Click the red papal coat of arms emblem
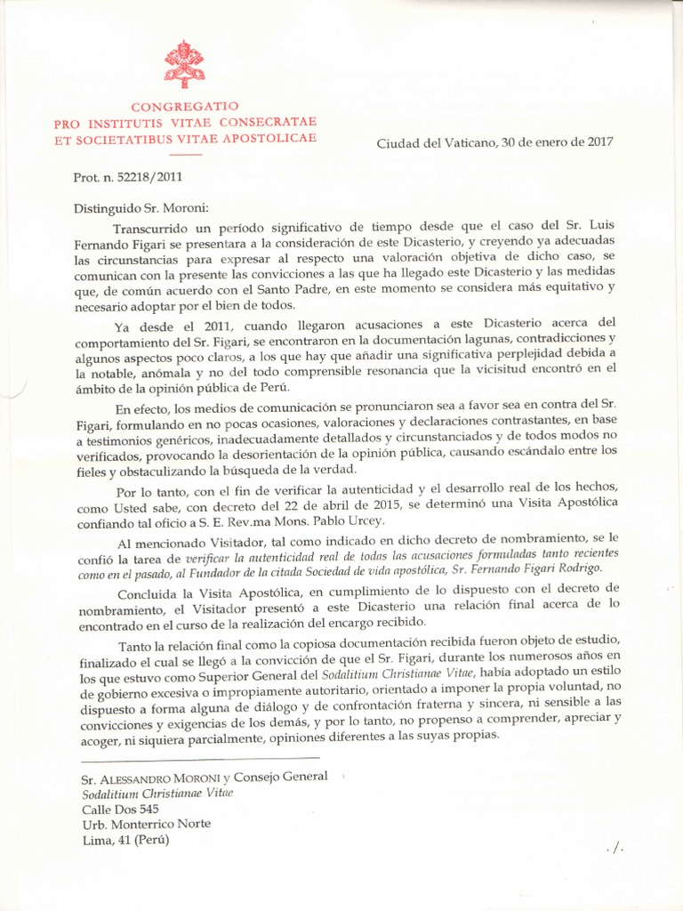coord(184,64)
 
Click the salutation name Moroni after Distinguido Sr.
coord(181,208)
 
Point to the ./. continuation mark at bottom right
coord(614,850)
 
